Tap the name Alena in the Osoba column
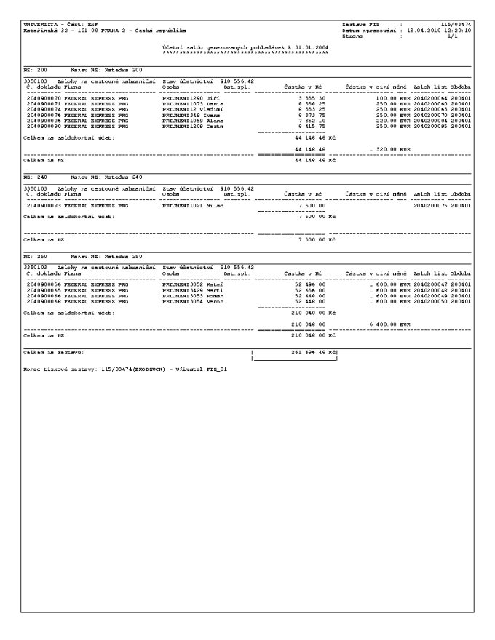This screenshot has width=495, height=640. [215, 120]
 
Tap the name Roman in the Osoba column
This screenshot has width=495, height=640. [215, 296]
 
